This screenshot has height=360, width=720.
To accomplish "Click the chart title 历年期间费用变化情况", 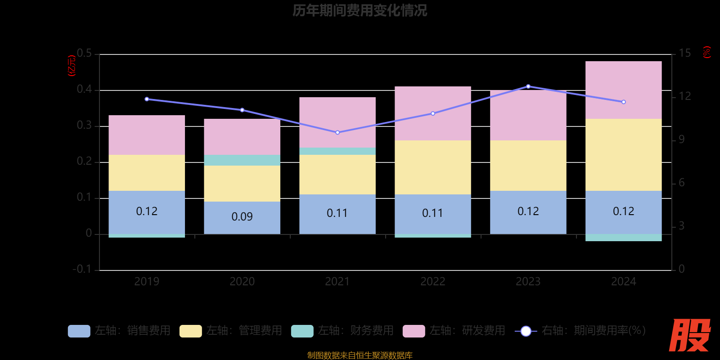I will pyautogui.click(x=360, y=10).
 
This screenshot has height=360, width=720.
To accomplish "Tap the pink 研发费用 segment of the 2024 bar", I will pyautogui.click(x=623, y=90).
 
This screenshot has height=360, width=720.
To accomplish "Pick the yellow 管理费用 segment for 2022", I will pyautogui.click(x=432, y=167).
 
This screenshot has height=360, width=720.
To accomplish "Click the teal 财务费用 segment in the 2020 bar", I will pyautogui.click(x=242, y=160).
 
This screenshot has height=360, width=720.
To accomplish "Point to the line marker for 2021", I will pyautogui.click(x=337, y=132).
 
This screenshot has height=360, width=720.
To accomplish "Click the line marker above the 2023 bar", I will pyautogui.click(x=528, y=86).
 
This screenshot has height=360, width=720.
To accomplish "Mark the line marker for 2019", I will pyautogui.click(x=147, y=99).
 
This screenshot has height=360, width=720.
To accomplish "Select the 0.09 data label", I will pyautogui.click(x=242, y=216).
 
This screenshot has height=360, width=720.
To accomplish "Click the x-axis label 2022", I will pyautogui.click(x=432, y=282).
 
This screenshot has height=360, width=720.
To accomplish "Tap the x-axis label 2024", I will pyautogui.click(x=623, y=282).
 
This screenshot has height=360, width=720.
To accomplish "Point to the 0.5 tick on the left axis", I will pyautogui.click(x=84, y=54).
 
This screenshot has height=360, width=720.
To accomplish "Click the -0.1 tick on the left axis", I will pyautogui.click(x=82, y=269).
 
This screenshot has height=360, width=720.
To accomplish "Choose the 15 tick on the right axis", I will pyautogui.click(x=684, y=54).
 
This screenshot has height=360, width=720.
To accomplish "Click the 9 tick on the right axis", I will pyautogui.click(x=682, y=139).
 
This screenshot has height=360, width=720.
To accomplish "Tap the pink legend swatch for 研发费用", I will pyautogui.click(x=414, y=331).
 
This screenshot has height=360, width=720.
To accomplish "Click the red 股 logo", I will pyautogui.click(x=689, y=335).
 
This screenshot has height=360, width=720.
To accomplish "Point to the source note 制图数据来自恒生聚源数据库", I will pyautogui.click(x=360, y=355).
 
